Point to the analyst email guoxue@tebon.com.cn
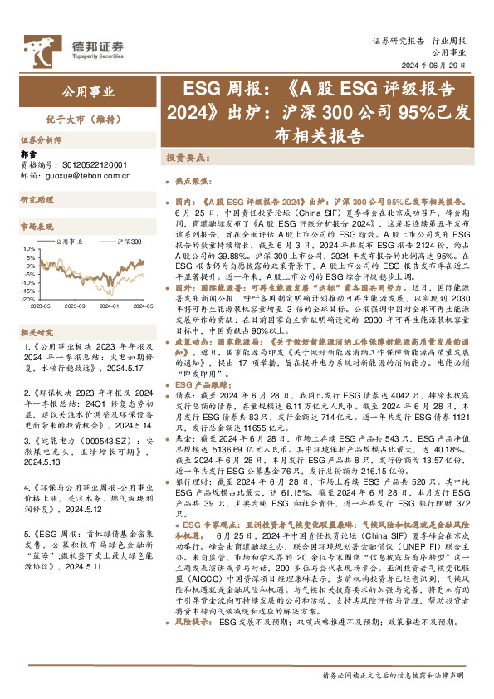[84, 175]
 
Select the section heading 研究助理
[37, 201]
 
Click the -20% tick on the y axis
[27, 301]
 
